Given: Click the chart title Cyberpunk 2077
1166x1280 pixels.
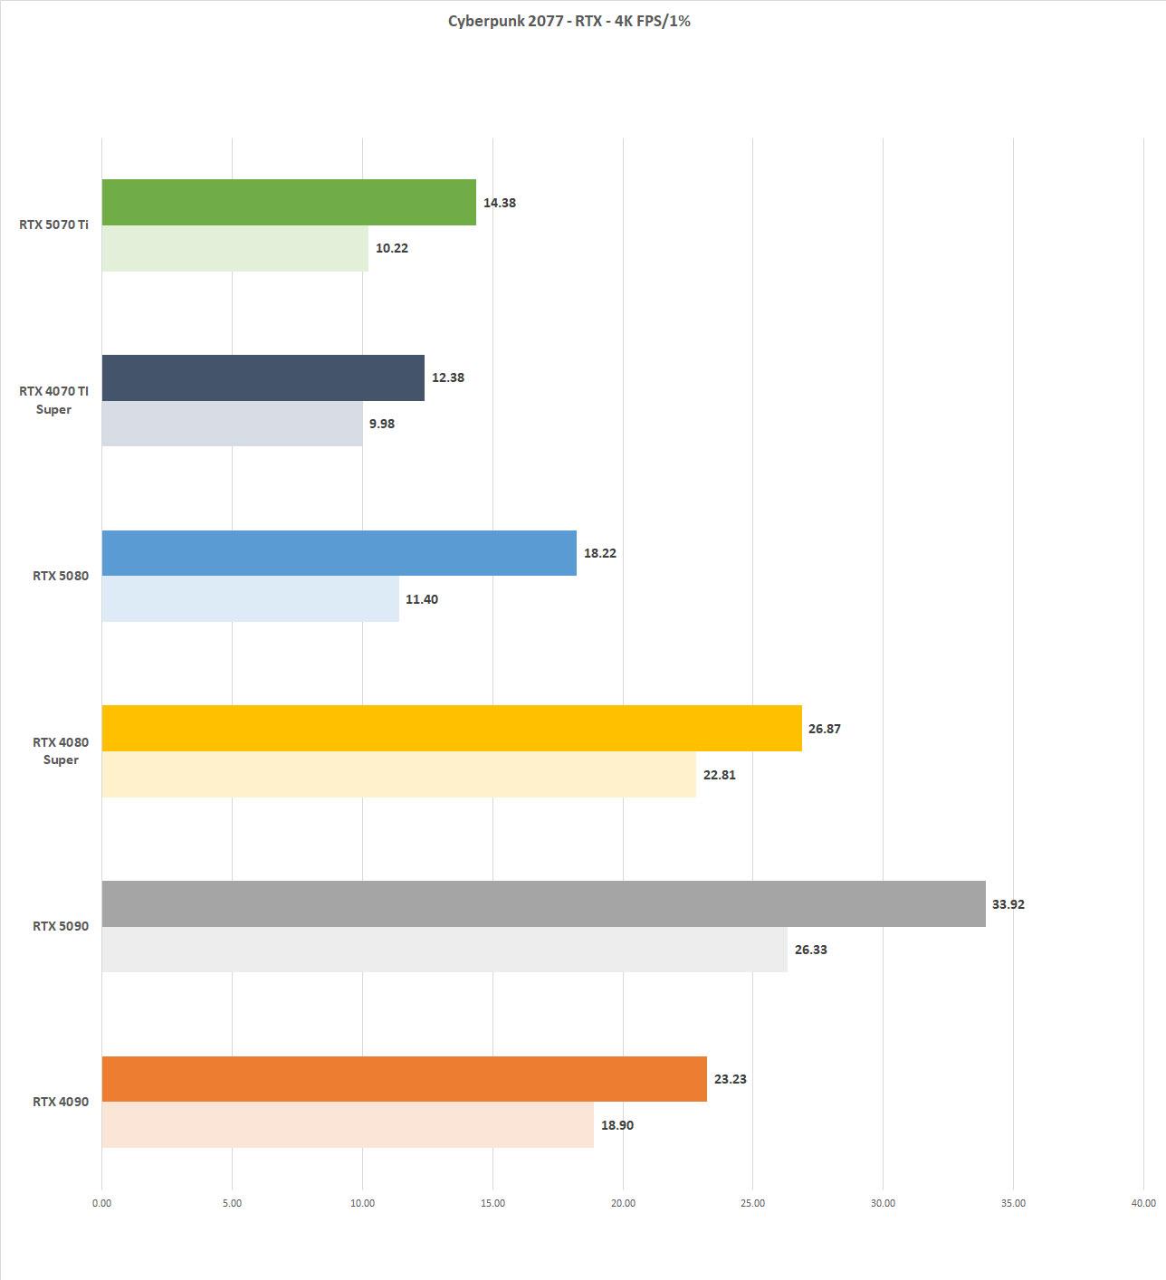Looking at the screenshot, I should click(569, 21).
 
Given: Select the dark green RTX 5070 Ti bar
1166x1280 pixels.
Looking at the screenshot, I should click(289, 202).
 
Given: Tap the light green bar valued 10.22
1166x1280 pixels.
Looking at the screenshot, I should click(235, 248).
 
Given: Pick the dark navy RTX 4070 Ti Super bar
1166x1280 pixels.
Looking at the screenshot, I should click(263, 377).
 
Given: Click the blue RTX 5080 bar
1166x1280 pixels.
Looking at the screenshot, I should click(339, 553).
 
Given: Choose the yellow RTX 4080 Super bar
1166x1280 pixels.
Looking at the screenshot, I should click(452, 728).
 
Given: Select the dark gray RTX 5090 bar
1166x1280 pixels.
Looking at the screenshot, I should click(543, 903).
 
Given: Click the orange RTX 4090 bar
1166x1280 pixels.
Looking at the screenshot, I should click(404, 1079).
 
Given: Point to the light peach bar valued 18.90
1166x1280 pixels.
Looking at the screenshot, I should click(348, 1125).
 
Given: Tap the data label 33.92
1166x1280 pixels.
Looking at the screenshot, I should click(1008, 904).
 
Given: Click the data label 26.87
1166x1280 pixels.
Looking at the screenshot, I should click(824, 729).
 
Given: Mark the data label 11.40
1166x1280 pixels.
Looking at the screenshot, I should click(421, 599).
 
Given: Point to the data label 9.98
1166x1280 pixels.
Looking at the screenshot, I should click(382, 424).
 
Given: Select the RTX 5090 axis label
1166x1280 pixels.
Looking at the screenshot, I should click(61, 926).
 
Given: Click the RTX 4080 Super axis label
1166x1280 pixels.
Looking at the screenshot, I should click(61, 751).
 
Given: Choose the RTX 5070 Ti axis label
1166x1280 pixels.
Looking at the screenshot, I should click(53, 224).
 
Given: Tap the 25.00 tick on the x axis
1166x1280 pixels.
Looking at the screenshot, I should click(752, 1203).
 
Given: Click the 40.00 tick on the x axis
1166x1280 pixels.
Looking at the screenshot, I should click(1142, 1203).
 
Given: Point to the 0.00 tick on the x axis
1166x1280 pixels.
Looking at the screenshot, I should click(101, 1203).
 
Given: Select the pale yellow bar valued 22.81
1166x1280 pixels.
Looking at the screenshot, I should click(398, 775).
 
